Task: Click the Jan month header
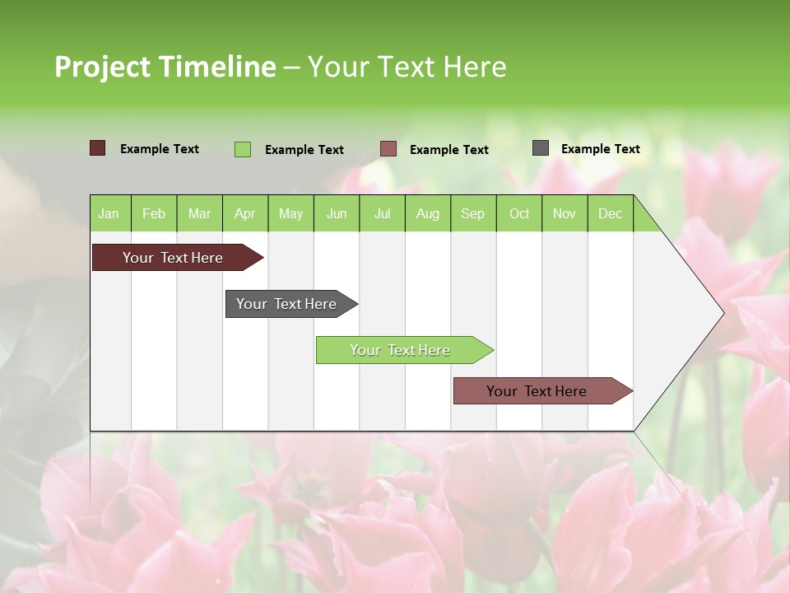click(x=109, y=213)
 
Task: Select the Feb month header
click(x=154, y=213)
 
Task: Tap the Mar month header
click(x=199, y=213)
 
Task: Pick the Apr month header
click(x=244, y=213)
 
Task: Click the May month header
click(x=290, y=213)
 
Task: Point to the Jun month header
click(x=337, y=213)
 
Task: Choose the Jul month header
click(x=382, y=213)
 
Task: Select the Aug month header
click(x=428, y=213)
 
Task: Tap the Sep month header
click(x=472, y=213)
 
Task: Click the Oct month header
click(x=519, y=213)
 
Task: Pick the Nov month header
click(x=565, y=213)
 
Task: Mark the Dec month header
click(x=610, y=213)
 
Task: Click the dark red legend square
click(x=98, y=148)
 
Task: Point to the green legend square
click(x=243, y=149)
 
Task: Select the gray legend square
click(x=541, y=148)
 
